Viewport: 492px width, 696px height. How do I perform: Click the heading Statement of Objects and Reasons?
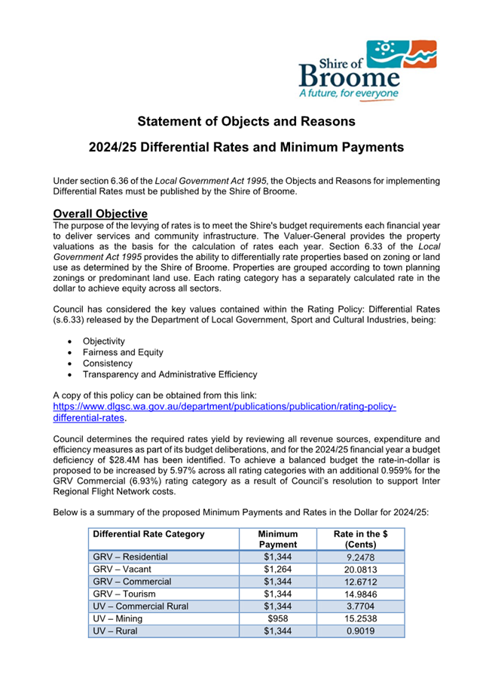coord(246,121)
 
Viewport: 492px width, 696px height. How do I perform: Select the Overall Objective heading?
coord(100,214)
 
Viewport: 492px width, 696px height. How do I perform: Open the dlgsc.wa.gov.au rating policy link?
coord(224,412)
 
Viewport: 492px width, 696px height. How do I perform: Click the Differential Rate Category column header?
coord(148,534)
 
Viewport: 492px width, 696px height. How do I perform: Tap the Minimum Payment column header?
coord(277,539)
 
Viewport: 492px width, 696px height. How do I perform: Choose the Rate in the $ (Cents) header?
coord(360,539)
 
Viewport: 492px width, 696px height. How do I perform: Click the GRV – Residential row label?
coord(130,557)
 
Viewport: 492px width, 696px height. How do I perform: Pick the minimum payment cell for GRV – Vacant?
coord(277,569)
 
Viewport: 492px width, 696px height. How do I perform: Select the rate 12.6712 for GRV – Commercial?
coord(360,582)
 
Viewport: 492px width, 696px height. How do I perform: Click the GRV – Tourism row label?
coord(124,594)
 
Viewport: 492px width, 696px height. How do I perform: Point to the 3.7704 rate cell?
coord(360,606)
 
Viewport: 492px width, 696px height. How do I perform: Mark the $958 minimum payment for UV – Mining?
coord(277,619)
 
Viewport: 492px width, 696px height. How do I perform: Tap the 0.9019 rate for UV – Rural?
coord(360,631)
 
